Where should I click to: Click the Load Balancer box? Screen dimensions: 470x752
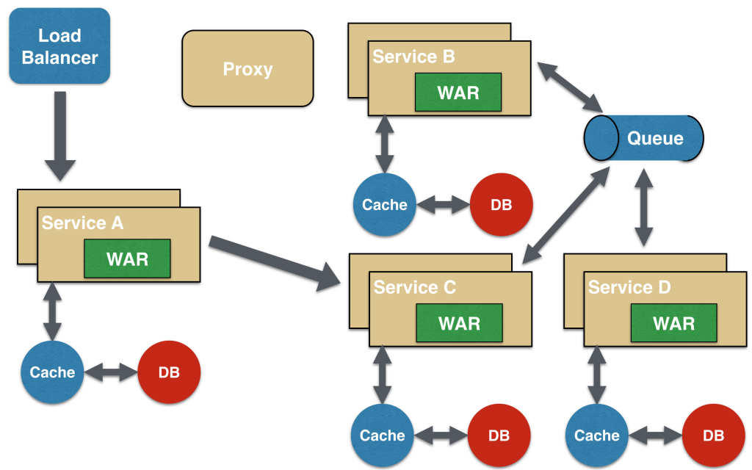click(x=59, y=46)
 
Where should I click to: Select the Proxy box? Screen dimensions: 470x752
click(x=247, y=69)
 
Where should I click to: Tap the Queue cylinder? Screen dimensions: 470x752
click(x=644, y=138)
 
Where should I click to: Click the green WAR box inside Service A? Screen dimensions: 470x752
click(x=127, y=258)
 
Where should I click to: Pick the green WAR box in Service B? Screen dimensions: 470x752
click(x=458, y=93)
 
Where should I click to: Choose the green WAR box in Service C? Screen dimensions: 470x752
click(x=459, y=323)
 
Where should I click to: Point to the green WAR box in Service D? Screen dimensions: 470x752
click(x=673, y=323)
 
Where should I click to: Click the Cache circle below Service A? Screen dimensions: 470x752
click(x=52, y=372)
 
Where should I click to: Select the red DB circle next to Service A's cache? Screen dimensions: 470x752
click(x=169, y=372)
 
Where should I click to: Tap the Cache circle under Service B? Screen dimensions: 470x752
click(x=384, y=205)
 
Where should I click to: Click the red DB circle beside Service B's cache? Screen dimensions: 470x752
click(x=501, y=205)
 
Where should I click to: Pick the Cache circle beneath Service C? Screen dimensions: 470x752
click(x=382, y=435)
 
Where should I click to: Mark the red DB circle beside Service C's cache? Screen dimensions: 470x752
click(x=499, y=435)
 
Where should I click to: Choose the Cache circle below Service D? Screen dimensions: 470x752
click(x=596, y=435)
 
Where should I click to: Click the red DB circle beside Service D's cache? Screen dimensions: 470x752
click(x=713, y=435)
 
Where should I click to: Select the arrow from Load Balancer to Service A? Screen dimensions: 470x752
click(x=59, y=136)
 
